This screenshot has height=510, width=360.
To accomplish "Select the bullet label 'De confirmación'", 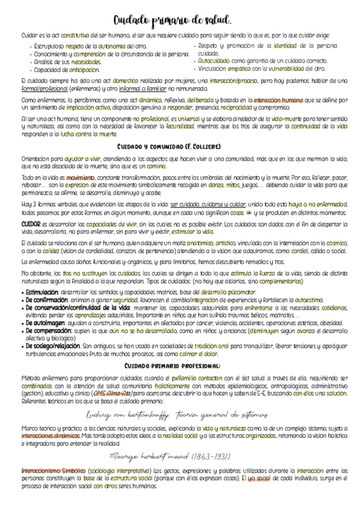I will [x=40, y=299].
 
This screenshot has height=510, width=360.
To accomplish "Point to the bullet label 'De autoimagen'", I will [x=39, y=322].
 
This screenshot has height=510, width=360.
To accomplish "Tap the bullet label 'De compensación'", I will [x=42, y=330].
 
